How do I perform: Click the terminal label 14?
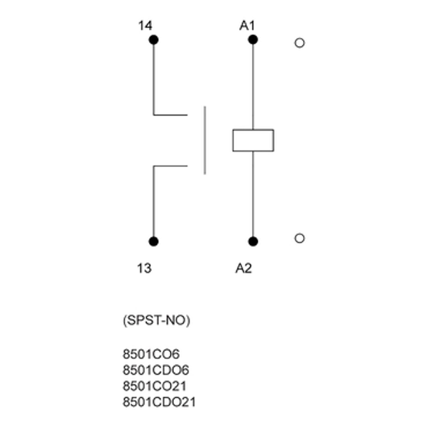coord(145,26)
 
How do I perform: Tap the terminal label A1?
coord(247,26)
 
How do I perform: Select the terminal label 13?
coord(144,268)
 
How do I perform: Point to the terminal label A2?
coord(243,268)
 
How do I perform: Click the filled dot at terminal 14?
coord(153,40)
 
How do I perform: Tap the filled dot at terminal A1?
coord(253,40)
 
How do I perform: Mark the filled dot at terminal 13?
coord(153,242)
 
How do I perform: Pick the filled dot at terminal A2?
coord(253,242)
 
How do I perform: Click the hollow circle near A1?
coord(300,43)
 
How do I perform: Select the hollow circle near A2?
coord(300,238)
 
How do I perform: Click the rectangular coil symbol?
coord(253,141)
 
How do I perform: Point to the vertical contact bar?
coord(205,140)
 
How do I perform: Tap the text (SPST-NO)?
coord(157,321)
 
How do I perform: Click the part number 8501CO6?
coord(151,354)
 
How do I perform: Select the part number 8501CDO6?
coord(156,370)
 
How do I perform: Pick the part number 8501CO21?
coord(154,386)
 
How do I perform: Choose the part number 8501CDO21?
coord(159,402)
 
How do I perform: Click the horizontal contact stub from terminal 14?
coord(170,115)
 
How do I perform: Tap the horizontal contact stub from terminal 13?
coord(170,166)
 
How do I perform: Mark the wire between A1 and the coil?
coord(253,85)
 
